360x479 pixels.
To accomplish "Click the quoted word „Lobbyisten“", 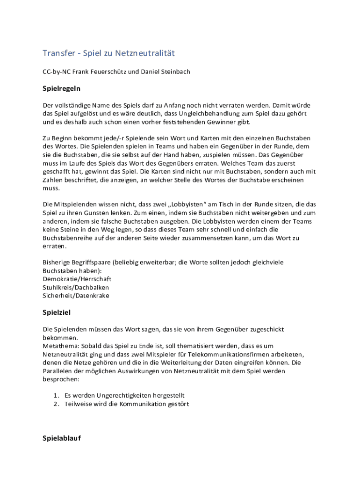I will [189, 204].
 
